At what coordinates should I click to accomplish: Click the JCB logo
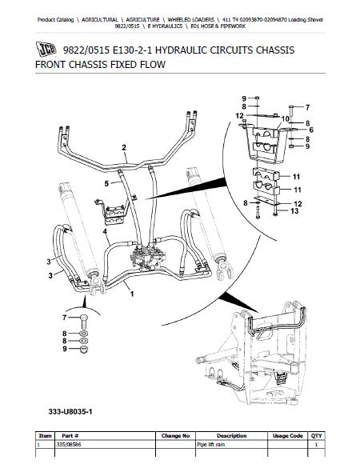[x=46, y=50]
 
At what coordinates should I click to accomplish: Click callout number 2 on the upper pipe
[x=124, y=147]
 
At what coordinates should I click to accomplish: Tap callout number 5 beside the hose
[x=106, y=183]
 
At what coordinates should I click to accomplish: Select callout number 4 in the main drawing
[x=105, y=231]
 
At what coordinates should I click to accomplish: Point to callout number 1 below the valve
[x=132, y=294]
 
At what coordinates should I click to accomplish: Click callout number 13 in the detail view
[x=294, y=211]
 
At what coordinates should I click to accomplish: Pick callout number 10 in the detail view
[x=285, y=119]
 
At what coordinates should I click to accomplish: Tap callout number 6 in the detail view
[x=311, y=130]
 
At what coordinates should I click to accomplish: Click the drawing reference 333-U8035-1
[x=70, y=411]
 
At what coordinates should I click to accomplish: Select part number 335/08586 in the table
[x=69, y=444]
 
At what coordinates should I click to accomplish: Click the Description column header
[x=231, y=435]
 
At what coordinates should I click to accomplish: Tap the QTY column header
[x=316, y=435]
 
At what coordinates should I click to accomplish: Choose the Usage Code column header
[x=287, y=435]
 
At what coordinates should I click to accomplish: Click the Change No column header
[x=175, y=435]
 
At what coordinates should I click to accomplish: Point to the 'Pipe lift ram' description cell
[x=210, y=444]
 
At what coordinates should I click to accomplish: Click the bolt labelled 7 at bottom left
[x=84, y=322]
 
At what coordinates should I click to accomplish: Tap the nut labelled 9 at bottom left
[x=84, y=350]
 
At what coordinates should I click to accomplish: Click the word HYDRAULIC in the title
[x=181, y=50]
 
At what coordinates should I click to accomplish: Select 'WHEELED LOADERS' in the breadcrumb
[x=191, y=20]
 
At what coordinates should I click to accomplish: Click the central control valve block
[x=147, y=257]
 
